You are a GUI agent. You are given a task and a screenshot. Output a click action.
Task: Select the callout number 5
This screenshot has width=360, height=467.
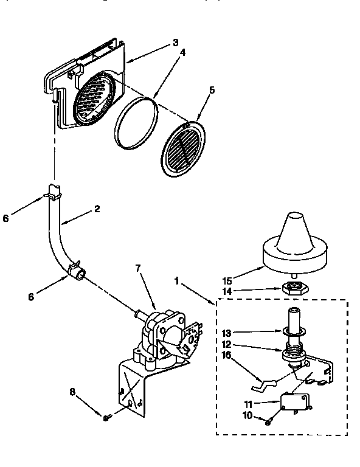[212, 89]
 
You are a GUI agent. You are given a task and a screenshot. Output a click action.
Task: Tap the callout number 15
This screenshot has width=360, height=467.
[227, 282]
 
